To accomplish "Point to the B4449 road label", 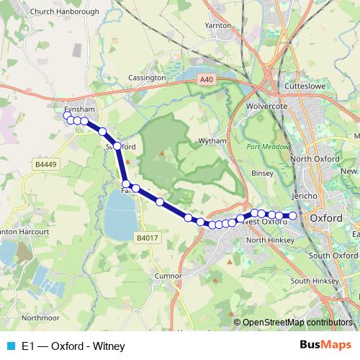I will (45, 164).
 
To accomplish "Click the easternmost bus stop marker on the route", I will (293, 215).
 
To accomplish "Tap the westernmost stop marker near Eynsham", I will (67, 115).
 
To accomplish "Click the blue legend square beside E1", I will (12, 346).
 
